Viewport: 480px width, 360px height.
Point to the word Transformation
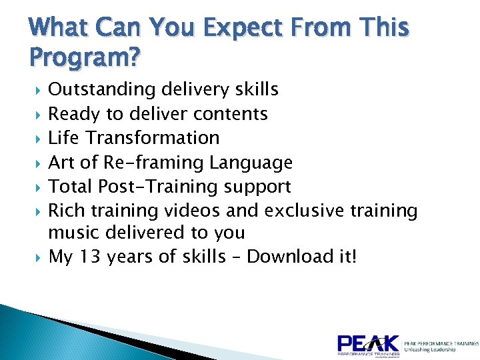(x=155, y=138)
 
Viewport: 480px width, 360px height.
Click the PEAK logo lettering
(x=368, y=343)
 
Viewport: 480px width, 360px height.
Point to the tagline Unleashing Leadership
(x=430, y=349)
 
